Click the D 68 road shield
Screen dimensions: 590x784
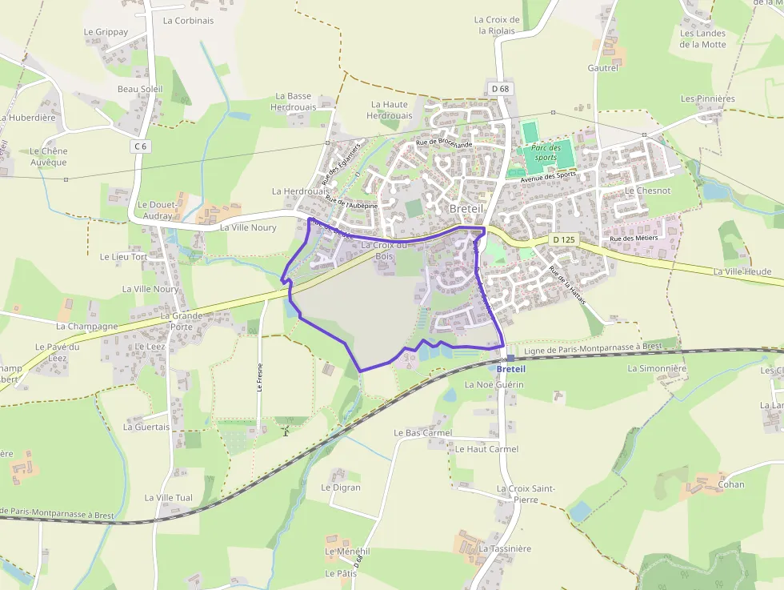[501, 89]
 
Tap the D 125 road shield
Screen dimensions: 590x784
[564, 239]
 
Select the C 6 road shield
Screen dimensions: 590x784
[141, 146]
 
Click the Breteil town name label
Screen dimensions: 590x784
[466, 208]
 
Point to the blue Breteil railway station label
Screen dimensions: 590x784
[510, 369]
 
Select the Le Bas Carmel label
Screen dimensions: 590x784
[423, 433]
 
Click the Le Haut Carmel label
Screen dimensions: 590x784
[486, 449]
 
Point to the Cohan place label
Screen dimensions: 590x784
[731, 484]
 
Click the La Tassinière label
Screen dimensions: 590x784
[505, 549]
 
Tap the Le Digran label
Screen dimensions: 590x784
[341, 488]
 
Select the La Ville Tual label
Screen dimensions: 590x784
[168, 498]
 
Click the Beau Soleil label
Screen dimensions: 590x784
[140, 89]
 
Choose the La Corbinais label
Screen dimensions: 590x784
[188, 21]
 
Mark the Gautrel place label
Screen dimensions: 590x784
[603, 69]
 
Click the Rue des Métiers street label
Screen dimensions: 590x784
[633, 239]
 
